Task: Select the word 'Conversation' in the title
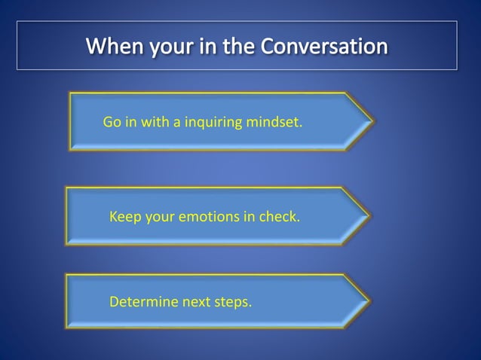(324, 47)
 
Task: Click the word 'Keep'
(125, 217)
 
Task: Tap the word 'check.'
(279, 217)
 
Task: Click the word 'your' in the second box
(160, 217)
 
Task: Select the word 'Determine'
(142, 303)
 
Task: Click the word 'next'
(195, 303)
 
